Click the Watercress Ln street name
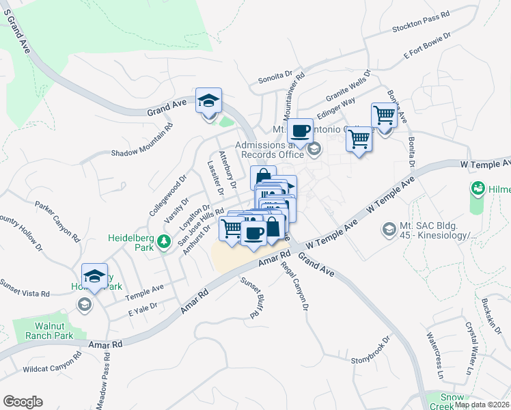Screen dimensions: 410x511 pyautogui.click(x=435, y=356)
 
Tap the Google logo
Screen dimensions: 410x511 pyautogui.click(x=23, y=402)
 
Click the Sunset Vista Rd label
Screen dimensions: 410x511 pyautogui.click(x=25, y=287)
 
